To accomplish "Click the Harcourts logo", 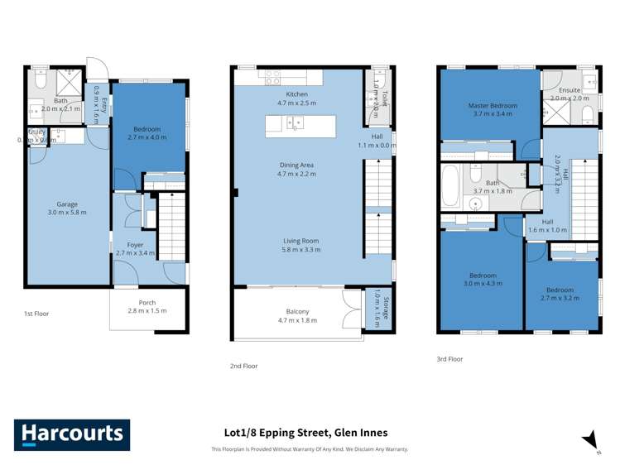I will (x=71, y=434).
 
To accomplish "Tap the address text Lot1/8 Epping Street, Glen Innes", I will (x=305, y=432).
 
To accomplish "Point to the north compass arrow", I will (x=590, y=440).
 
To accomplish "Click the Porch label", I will (x=147, y=302).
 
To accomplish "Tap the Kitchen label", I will (x=296, y=94).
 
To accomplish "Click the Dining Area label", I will (x=296, y=165).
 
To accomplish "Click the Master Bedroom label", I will (x=492, y=106).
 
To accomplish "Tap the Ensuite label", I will (x=569, y=89).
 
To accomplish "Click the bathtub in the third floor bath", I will (x=451, y=188).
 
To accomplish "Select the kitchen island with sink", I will (x=300, y=126).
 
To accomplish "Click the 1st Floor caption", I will (x=36, y=315).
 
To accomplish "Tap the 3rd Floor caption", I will (x=449, y=359).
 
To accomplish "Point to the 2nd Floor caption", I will (x=243, y=366).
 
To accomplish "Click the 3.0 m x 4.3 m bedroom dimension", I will (x=482, y=283).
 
